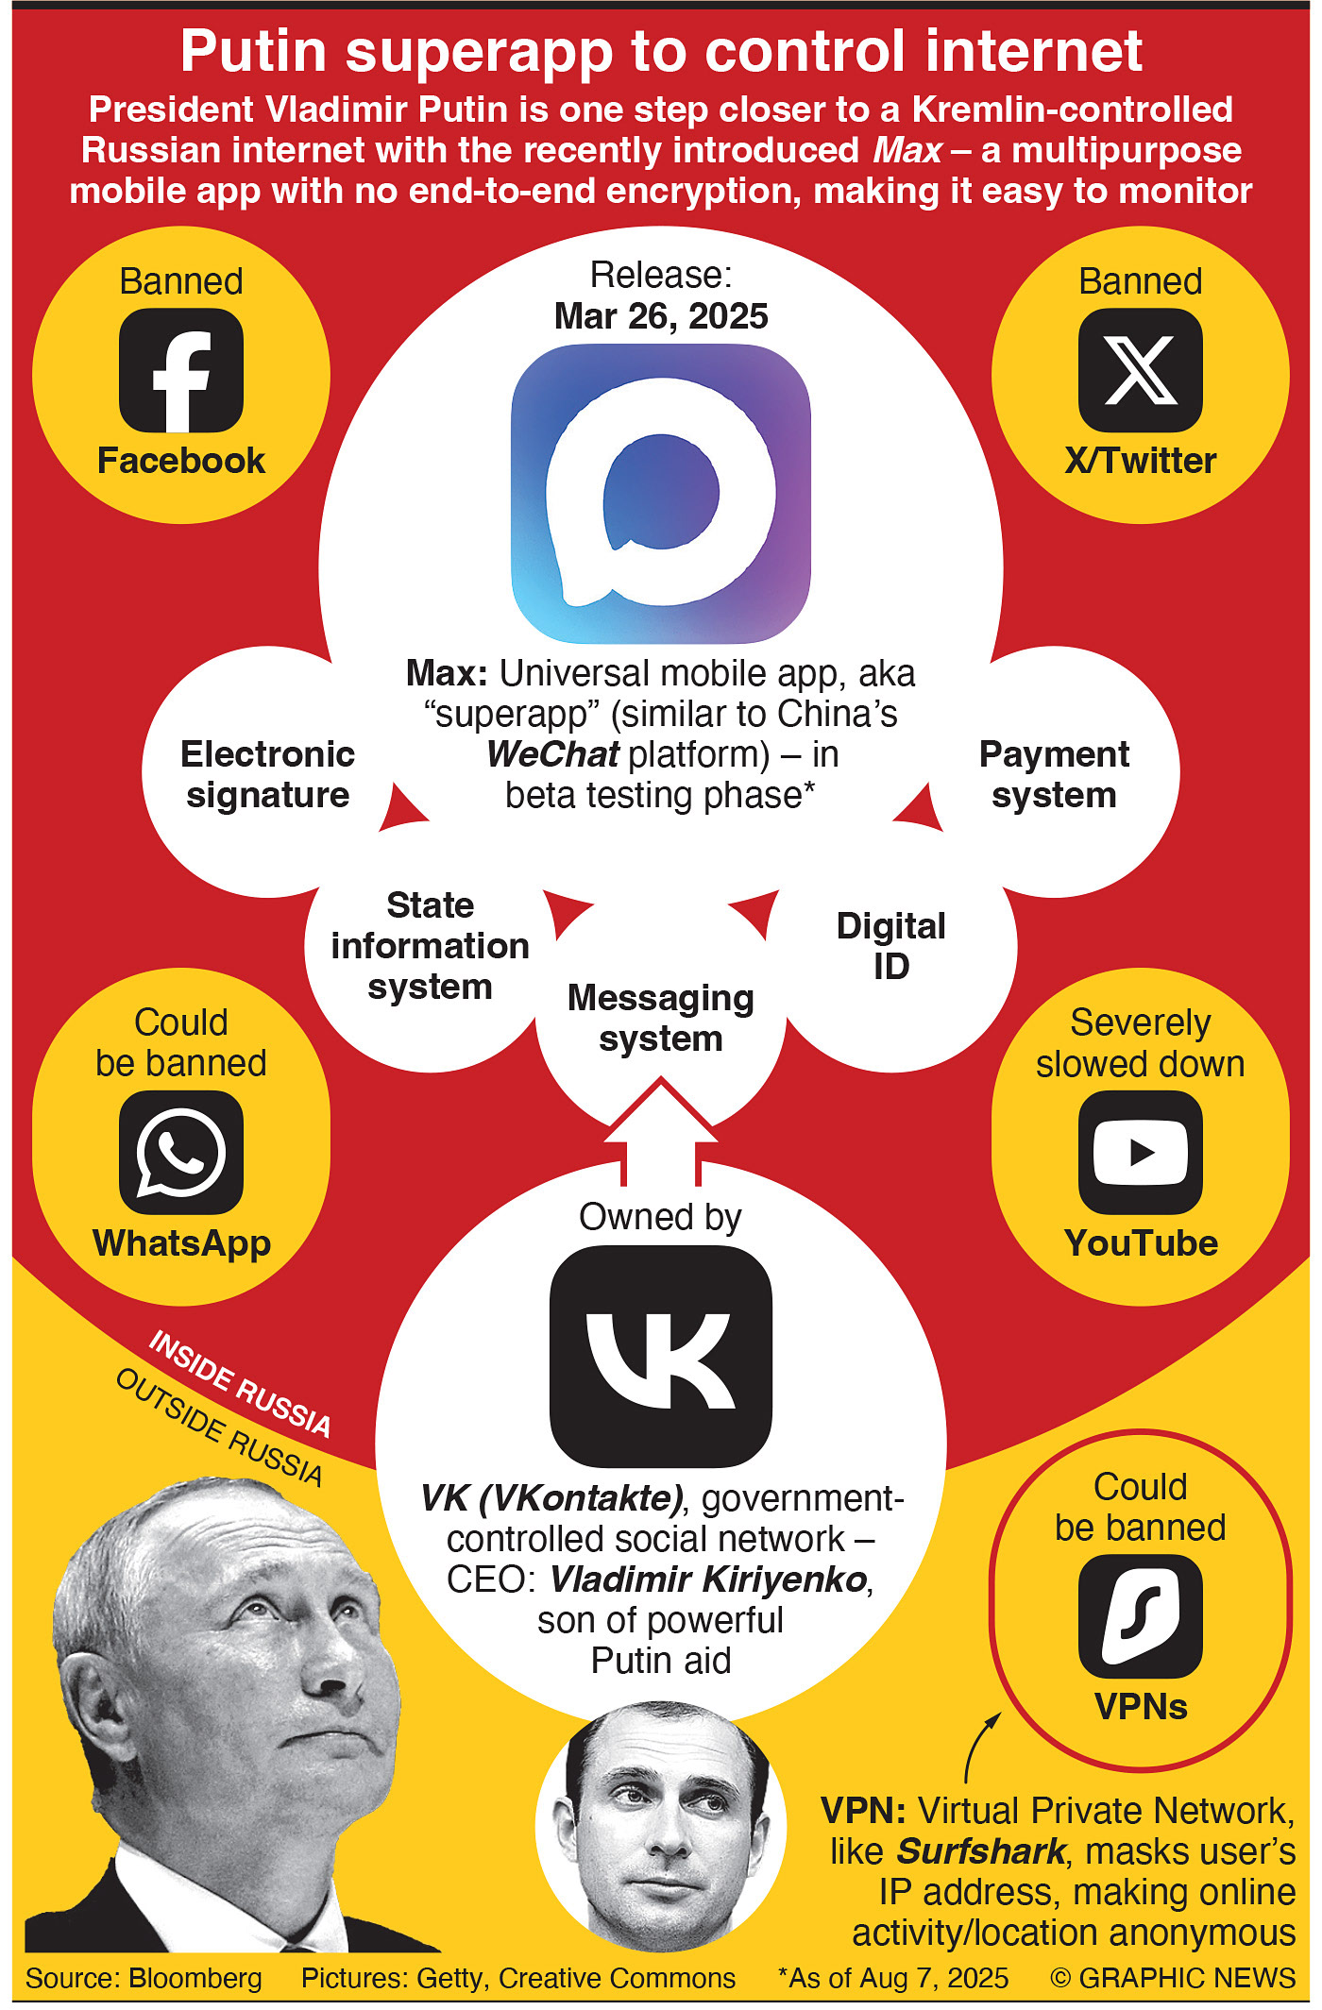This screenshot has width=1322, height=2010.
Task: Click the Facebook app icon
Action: click(181, 370)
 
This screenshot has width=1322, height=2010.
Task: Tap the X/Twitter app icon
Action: click(1140, 370)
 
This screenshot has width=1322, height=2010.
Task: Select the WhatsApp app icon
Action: click(181, 1152)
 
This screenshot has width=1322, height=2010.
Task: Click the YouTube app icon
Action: click(1140, 1152)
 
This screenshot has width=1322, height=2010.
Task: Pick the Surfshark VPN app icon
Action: click(1140, 1615)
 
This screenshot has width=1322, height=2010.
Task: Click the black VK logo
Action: click(661, 1356)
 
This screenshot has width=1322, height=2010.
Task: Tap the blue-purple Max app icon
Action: click(661, 493)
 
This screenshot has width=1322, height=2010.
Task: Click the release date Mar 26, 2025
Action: click(661, 316)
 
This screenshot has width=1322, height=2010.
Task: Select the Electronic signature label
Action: click(267, 774)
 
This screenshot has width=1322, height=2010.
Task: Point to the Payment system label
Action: click(1054, 774)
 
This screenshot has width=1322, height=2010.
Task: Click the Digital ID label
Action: click(890, 946)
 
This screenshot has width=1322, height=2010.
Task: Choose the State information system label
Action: click(430, 946)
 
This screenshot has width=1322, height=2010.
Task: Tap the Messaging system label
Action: click(661, 1018)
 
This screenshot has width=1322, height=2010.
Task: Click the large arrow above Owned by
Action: click(661, 1128)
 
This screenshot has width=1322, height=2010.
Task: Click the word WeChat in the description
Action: click(553, 754)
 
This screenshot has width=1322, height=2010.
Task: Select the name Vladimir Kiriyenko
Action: click(708, 1579)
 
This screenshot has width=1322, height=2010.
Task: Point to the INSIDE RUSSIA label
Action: click(240, 1383)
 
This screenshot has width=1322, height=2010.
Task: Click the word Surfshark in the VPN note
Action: click(980, 1851)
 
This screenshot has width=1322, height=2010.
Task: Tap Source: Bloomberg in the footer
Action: click(144, 1978)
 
